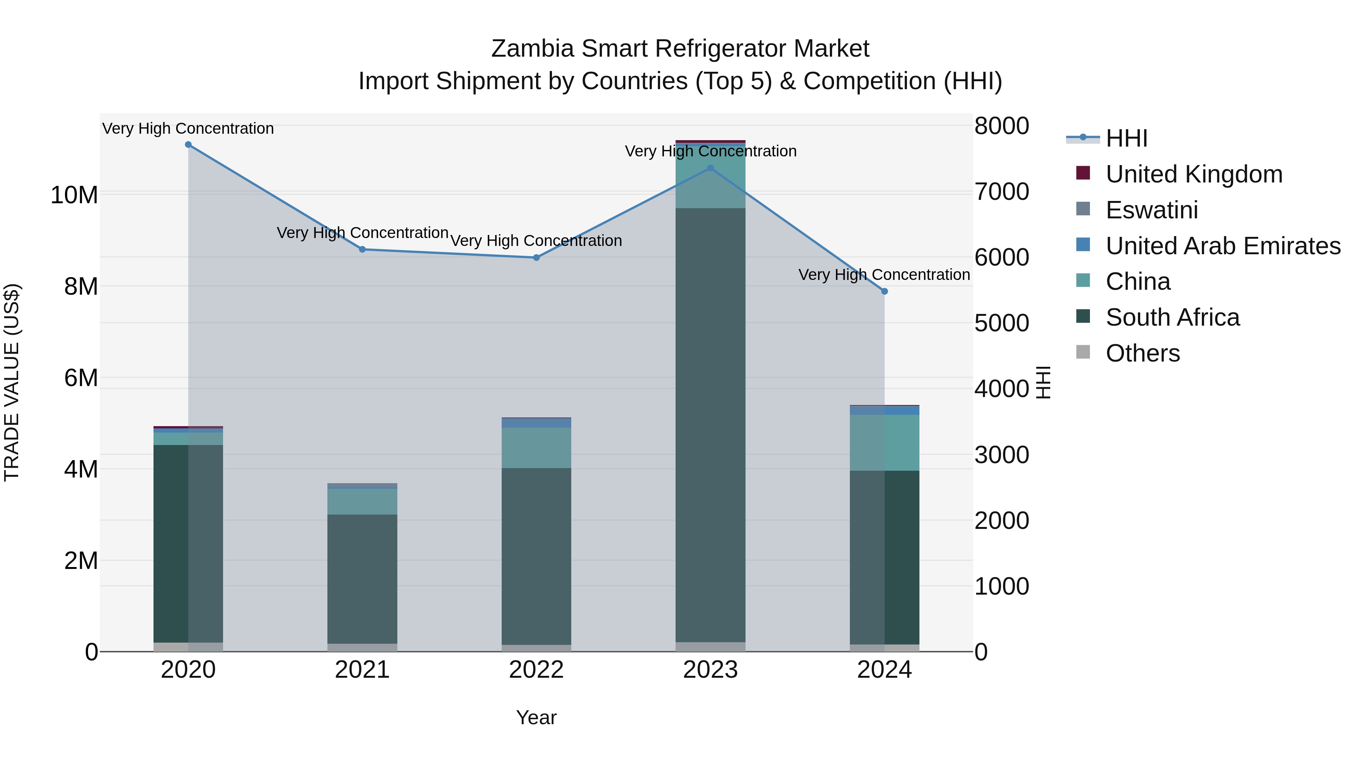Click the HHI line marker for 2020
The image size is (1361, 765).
[188, 145]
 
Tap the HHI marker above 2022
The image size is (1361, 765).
[536, 258]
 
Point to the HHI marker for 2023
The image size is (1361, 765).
[710, 168]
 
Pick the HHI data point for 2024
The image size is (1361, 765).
[884, 291]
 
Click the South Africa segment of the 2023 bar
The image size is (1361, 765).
[710, 422]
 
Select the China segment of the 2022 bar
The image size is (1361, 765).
[536, 448]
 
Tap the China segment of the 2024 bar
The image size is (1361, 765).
[884, 442]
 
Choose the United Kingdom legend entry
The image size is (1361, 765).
[1194, 174]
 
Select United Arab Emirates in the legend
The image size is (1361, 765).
[1223, 246]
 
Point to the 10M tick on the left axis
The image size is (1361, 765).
[74, 195]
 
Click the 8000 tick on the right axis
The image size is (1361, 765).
[1001, 126]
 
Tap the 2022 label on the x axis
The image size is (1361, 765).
[536, 670]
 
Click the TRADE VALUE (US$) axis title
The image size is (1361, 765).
[12, 382]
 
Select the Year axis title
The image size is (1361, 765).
[536, 717]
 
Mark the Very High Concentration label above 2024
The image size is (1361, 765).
[884, 275]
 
